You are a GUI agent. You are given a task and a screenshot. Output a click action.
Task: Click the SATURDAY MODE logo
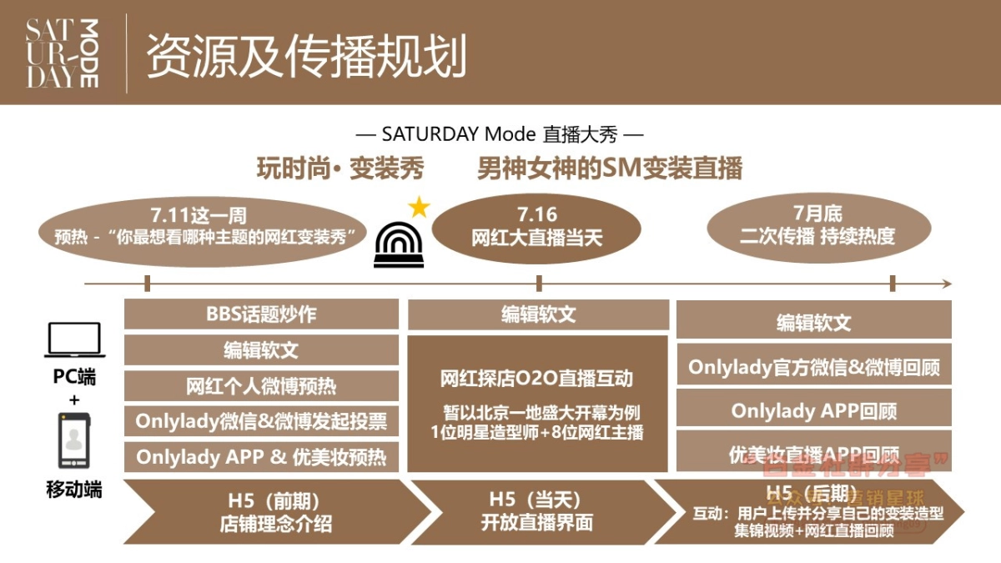(x=63, y=53)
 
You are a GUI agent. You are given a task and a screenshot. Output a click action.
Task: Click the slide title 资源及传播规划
(x=306, y=56)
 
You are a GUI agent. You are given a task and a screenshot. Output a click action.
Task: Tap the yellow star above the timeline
(x=419, y=207)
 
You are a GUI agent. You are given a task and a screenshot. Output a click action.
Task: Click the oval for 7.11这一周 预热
(x=205, y=227)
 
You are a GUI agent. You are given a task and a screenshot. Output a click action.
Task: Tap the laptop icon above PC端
(x=74, y=340)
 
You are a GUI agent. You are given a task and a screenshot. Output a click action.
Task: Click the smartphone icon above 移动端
(x=74, y=440)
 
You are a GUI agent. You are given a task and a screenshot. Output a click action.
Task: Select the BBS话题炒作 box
(x=261, y=314)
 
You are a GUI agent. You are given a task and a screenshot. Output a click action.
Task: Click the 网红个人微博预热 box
(x=261, y=386)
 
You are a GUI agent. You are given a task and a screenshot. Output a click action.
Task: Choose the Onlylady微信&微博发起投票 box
(x=261, y=422)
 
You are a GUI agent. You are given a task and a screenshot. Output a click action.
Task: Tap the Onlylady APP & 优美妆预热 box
(x=261, y=457)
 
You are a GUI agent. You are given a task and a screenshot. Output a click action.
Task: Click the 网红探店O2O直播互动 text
(x=537, y=379)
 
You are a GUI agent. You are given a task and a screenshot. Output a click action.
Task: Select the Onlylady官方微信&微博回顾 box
(x=813, y=367)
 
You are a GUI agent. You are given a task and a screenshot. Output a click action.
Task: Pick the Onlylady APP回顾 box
(x=813, y=410)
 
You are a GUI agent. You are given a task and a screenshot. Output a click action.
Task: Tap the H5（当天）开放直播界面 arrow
(x=537, y=512)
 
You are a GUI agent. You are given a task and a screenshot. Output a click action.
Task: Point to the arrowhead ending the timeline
(x=946, y=284)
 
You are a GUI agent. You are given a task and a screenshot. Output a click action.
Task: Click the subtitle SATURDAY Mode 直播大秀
(x=500, y=134)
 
